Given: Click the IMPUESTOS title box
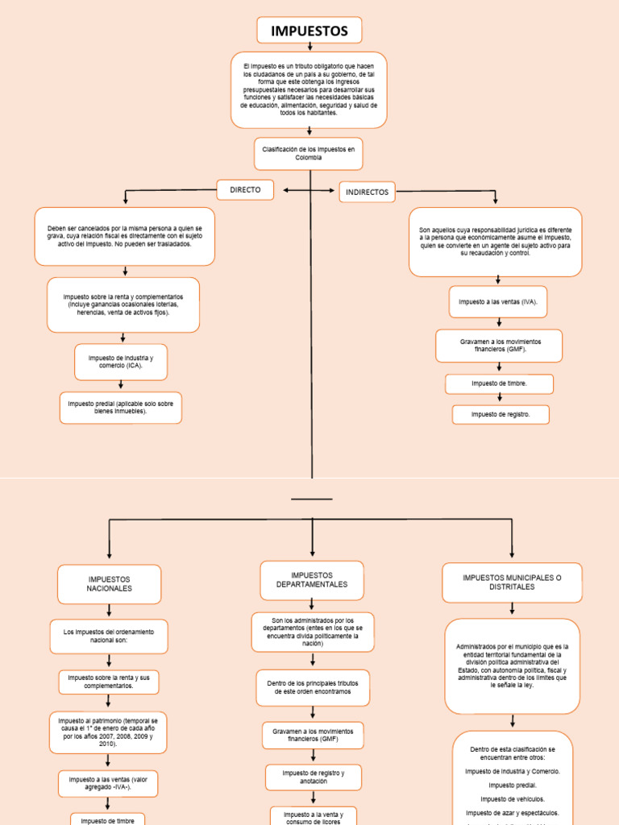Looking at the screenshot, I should point(309,31).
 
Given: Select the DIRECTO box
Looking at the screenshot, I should point(245,190).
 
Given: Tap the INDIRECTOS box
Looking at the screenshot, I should point(368,192).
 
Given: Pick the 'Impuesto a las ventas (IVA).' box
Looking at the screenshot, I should point(497,302).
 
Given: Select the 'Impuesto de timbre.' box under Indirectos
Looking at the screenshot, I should point(499,383).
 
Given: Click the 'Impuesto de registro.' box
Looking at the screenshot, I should point(500,415).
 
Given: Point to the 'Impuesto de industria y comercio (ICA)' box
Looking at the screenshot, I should point(121,362).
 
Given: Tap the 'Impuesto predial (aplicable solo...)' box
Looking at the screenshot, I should point(121,407).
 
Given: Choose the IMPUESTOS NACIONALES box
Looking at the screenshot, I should point(109,584).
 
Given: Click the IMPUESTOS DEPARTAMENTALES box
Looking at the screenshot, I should point(312,580).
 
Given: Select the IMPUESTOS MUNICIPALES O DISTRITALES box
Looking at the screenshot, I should point(512,582).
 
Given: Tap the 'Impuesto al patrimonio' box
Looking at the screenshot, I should point(109,732).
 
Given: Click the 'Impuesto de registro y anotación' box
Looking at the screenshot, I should point(313,777).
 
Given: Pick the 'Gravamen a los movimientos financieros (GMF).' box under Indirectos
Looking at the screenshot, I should point(499,346).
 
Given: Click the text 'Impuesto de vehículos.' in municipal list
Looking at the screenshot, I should point(512,798).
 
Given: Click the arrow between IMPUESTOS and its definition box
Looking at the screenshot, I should point(309,48).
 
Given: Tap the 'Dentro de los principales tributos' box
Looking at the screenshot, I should point(313,687).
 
